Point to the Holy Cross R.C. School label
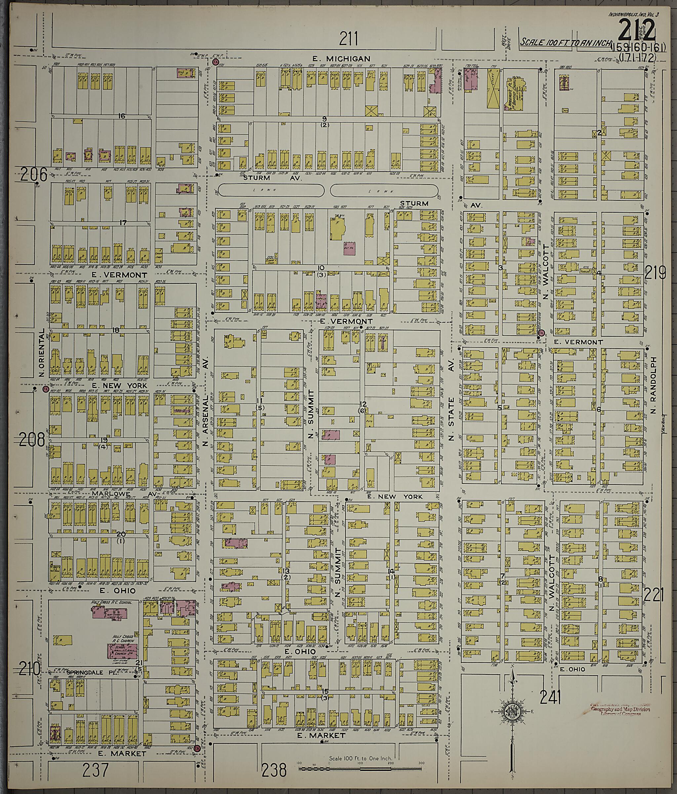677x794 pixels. pos(111,603)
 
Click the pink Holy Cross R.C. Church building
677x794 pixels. pos(122,651)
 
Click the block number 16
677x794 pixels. pos(122,116)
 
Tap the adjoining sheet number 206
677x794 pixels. pos(34,175)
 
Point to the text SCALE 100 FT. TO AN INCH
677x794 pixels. pos(565,42)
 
